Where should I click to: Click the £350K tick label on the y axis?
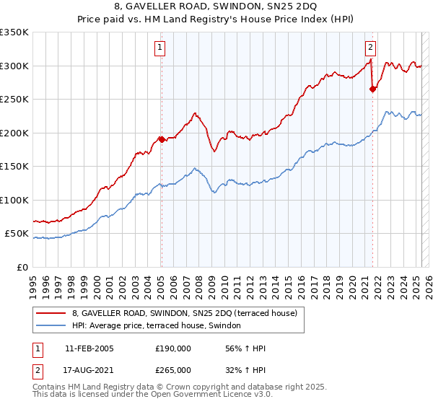tap(14, 32)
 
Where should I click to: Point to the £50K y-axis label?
tap(17, 234)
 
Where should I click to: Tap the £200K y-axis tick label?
tap(14, 133)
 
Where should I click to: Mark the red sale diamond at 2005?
tap(161, 139)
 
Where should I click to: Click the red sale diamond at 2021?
tap(372, 89)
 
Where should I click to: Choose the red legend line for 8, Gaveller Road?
tap(51, 313)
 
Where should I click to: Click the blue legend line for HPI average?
tap(51, 326)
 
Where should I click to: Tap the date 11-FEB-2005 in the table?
tap(89, 348)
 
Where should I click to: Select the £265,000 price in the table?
tap(173, 369)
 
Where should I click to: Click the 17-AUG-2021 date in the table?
tap(89, 369)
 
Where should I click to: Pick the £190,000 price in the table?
tap(173, 348)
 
